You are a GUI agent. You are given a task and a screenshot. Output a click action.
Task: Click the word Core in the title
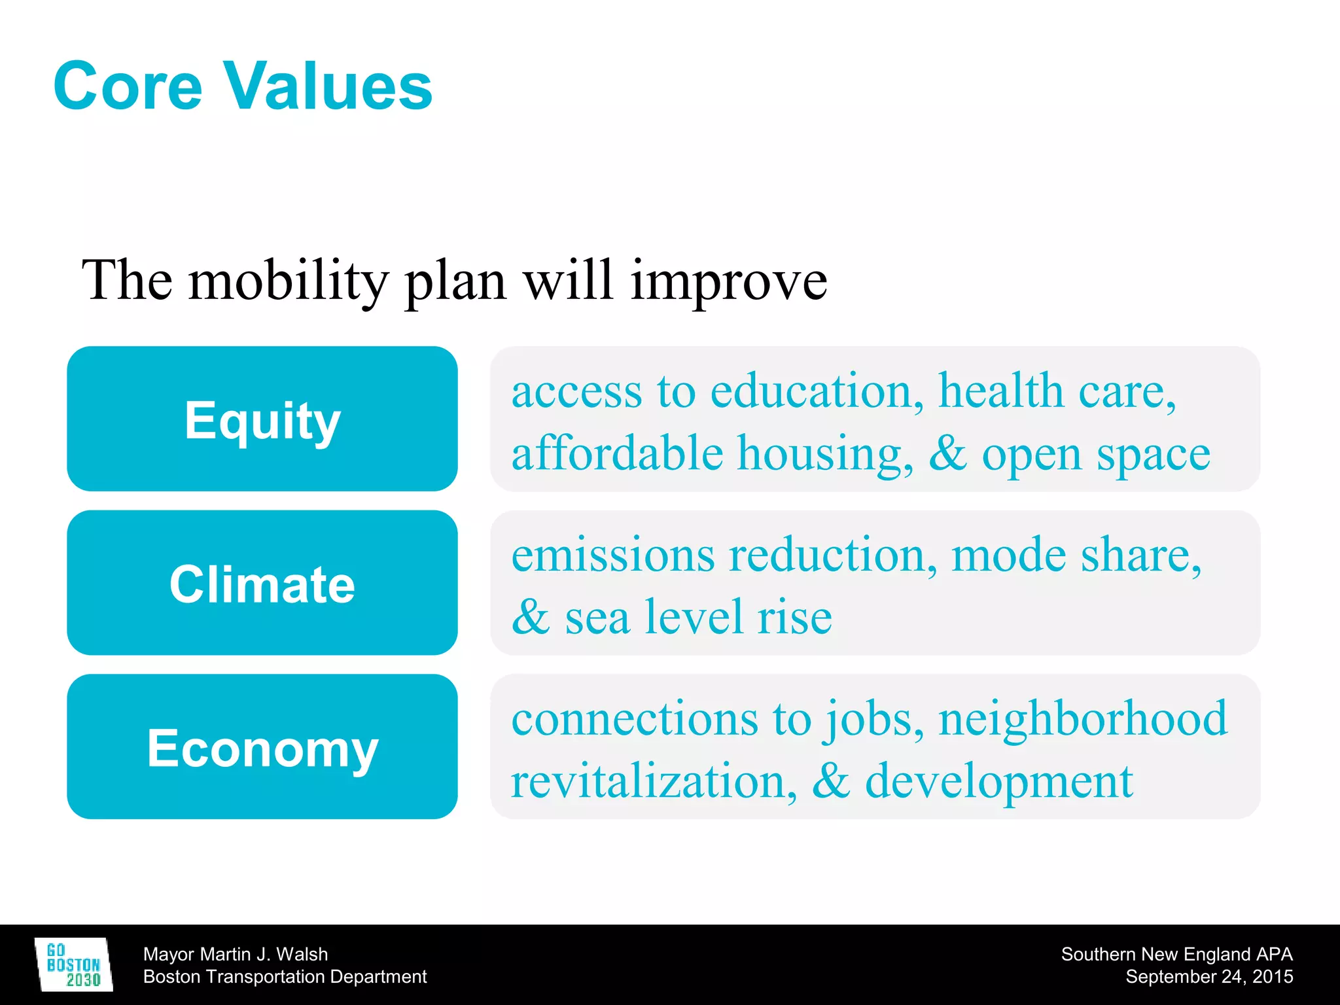click(128, 86)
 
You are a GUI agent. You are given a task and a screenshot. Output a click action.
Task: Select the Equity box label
click(262, 421)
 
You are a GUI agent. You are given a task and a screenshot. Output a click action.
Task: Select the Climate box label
click(262, 584)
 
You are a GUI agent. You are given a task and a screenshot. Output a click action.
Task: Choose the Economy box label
click(262, 748)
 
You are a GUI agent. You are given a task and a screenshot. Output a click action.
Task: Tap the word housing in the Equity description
click(826, 453)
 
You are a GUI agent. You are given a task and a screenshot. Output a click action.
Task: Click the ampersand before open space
click(947, 453)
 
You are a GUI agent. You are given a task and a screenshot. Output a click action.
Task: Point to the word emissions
click(612, 555)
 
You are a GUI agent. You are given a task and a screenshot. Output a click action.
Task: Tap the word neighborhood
click(1083, 718)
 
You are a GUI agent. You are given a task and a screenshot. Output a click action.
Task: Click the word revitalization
click(653, 781)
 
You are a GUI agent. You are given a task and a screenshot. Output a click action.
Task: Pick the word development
click(998, 783)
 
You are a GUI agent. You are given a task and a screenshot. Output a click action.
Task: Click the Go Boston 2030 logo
click(73, 964)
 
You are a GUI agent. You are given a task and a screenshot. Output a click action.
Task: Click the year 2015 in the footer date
click(1272, 976)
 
